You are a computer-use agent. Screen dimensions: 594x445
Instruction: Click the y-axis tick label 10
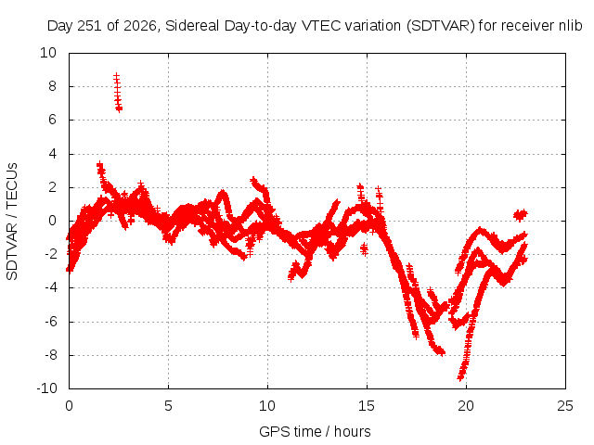48,53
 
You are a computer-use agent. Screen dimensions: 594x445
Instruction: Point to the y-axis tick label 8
52,86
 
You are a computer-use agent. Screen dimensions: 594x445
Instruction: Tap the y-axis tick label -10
47,388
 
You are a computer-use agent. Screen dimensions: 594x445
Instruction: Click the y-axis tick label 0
52,221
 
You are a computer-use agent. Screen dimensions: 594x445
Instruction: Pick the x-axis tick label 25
565,406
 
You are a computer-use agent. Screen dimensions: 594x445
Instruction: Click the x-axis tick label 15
367,406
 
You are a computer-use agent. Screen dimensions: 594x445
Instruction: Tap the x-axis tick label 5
168,406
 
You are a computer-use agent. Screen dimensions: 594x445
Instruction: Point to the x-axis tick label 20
466,406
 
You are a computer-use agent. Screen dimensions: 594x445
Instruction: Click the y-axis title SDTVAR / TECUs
12,222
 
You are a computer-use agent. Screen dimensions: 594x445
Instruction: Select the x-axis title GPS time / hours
315,431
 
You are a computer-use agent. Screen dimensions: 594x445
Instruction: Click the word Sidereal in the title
192,26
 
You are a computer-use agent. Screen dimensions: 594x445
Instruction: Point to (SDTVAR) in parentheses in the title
441,26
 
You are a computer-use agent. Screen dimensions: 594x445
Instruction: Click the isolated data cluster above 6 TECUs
118,93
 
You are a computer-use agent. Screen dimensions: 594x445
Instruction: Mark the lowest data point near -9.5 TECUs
460,377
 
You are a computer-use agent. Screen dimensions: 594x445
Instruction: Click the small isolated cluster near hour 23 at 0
521,215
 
